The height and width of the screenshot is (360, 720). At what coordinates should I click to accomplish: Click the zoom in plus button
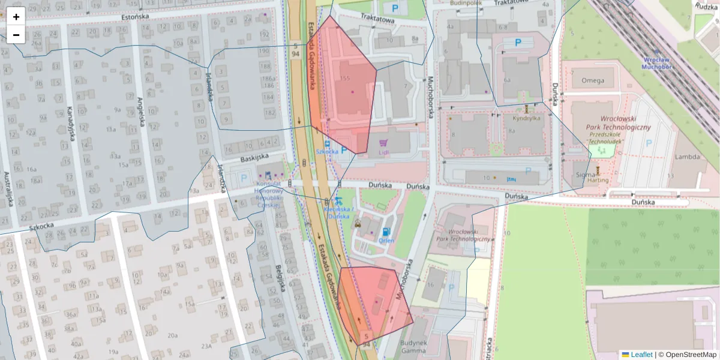[16, 17]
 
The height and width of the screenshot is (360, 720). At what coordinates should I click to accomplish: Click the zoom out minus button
[16, 35]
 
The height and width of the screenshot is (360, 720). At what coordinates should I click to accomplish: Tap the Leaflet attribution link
[641, 355]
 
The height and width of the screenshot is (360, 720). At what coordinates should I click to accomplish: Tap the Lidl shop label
[384, 152]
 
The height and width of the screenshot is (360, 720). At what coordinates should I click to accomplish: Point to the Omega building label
[593, 80]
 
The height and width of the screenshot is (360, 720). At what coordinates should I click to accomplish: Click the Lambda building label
[687, 157]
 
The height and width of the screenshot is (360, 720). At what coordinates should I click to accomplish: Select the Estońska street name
[135, 17]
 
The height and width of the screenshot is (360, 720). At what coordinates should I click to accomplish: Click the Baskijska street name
[254, 157]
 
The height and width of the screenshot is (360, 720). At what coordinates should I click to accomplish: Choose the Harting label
[598, 180]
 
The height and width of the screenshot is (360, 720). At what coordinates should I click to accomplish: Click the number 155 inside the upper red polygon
[344, 79]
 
